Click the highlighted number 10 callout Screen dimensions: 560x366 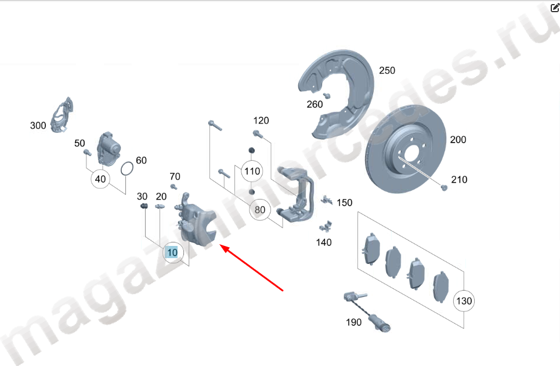pos(173,252)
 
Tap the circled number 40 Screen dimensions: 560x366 pos(100,179)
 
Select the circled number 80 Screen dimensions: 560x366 pos(260,209)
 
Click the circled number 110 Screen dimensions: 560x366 pos(252,171)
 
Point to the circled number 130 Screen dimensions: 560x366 pos(464,300)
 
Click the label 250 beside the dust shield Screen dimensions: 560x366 pos(387,70)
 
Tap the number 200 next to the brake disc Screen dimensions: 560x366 pos(458,140)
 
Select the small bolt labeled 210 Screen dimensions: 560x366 pos(444,187)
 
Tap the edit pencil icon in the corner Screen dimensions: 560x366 pos(555,7)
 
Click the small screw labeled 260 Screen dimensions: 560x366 pos(326,95)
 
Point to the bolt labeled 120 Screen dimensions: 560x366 pos(258,134)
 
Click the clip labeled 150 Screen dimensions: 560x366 pos(326,200)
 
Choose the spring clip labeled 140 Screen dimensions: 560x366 pos(326,226)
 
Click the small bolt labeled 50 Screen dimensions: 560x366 pos(87,153)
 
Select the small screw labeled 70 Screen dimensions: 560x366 pos(174,186)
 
